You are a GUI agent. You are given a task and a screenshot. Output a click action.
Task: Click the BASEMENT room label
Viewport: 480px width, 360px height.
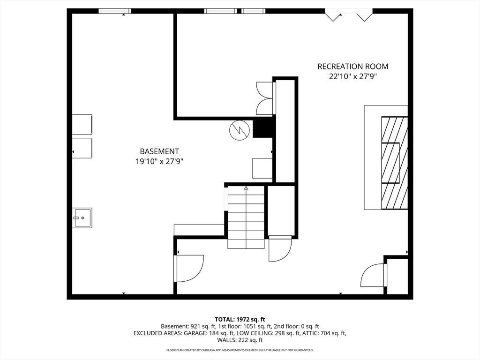[159, 151]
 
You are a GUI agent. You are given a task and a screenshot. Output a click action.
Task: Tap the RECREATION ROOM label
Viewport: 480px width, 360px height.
[352, 67]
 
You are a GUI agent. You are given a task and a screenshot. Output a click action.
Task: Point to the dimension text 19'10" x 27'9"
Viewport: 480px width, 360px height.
[159, 161]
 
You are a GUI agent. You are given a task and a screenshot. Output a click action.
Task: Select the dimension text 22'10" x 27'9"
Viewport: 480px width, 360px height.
[352, 76]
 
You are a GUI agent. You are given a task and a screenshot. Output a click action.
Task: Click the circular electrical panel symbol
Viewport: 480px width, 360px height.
[239, 131]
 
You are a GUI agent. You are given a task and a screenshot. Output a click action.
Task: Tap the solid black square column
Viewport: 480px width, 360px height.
[262, 128]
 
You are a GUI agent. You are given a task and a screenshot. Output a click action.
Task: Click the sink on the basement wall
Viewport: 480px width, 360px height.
[82, 217]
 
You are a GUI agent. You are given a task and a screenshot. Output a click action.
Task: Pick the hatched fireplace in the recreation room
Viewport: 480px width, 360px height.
[394, 163]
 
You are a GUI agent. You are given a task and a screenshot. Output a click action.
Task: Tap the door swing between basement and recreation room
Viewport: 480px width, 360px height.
[189, 269]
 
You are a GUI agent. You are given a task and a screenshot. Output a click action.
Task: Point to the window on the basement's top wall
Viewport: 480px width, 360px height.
[115, 11]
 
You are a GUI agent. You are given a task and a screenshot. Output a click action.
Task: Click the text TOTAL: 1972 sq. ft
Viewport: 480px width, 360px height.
[240, 320]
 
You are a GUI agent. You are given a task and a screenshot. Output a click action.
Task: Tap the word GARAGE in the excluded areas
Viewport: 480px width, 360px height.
[194, 333]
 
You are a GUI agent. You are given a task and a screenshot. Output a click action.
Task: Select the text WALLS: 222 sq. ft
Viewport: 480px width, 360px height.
[240, 340]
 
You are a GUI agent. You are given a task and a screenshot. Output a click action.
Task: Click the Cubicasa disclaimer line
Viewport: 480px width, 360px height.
[240, 350]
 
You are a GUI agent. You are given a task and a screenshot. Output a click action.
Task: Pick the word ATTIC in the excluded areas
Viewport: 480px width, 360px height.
[312, 333]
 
